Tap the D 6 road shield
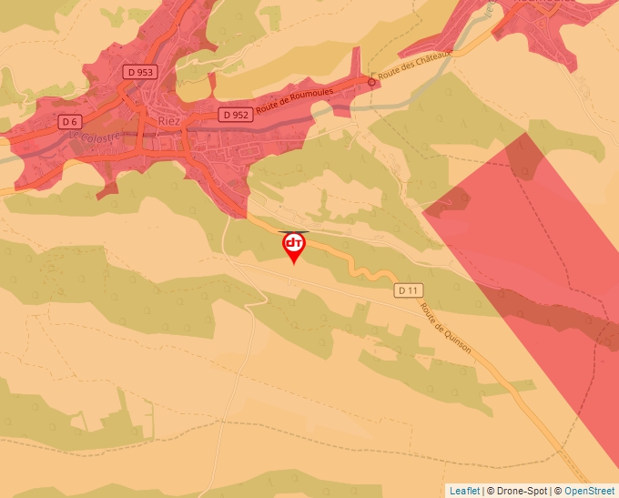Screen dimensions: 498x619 click(x=70, y=121)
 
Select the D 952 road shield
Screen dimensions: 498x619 click(x=235, y=115)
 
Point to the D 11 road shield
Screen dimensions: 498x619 click(x=410, y=290)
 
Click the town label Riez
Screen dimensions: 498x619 click(x=169, y=119)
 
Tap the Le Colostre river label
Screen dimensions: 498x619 click(x=95, y=136)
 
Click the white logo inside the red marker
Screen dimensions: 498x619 click(x=294, y=243)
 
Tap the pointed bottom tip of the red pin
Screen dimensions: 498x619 click(x=294, y=265)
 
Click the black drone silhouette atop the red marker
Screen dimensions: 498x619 click(x=294, y=231)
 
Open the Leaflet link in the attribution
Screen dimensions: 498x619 click(x=464, y=491)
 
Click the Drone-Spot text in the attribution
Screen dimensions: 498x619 click(x=522, y=491)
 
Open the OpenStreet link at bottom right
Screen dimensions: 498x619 click(x=591, y=491)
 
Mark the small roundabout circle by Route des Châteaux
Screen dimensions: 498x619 click(x=371, y=82)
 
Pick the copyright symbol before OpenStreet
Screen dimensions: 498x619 click(x=558, y=491)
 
